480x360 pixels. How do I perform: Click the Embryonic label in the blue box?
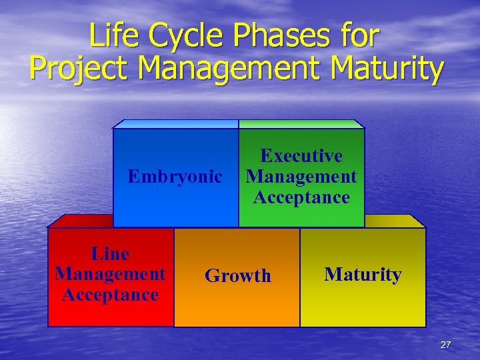point(175,177)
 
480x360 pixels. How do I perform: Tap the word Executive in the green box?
point(301,156)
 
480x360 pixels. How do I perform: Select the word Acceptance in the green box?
point(301,197)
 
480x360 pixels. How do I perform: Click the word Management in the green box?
point(301,177)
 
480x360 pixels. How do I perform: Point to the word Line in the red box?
point(110,253)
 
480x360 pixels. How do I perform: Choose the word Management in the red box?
point(110,274)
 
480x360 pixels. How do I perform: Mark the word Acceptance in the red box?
point(110,295)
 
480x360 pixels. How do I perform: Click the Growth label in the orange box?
point(238,276)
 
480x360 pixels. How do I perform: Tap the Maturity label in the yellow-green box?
point(363,275)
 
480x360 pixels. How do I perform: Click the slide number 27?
point(445,345)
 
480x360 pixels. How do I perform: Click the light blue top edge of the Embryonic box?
point(175,124)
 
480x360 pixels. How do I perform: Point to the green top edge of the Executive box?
point(301,124)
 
